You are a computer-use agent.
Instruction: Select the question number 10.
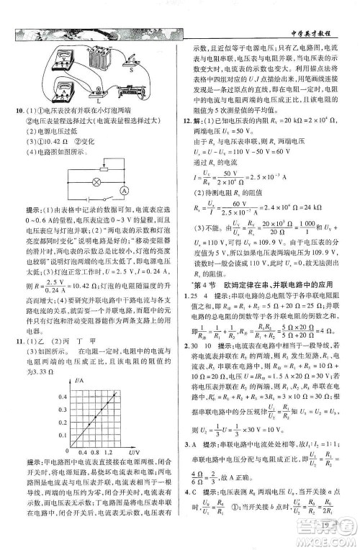(21, 108)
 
